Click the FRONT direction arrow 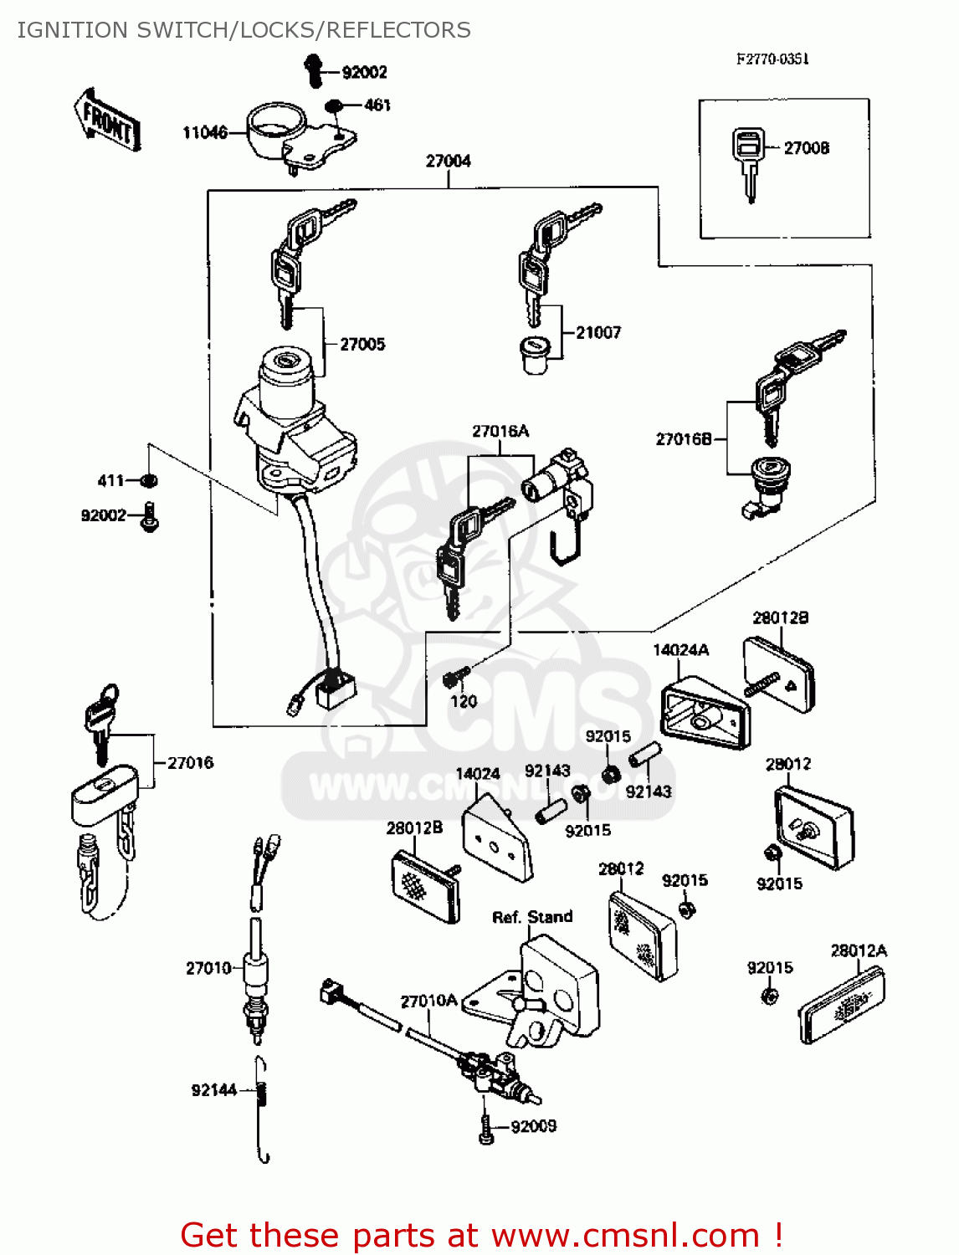[x=108, y=120]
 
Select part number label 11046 [x=204, y=132]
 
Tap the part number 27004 [x=449, y=161]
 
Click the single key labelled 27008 [x=747, y=162]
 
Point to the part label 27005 [x=362, y=344]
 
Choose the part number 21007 [x=598, y=332]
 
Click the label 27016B [x=683, y=439]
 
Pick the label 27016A [x=500, y=431]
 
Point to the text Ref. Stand [x=532, y=917]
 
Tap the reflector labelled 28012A [x=841, y=1004]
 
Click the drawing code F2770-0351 [x=772, y=59]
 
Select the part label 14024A [x=680, y=650]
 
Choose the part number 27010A [x=428, y=1001]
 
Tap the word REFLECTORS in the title [x=398, y=30]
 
